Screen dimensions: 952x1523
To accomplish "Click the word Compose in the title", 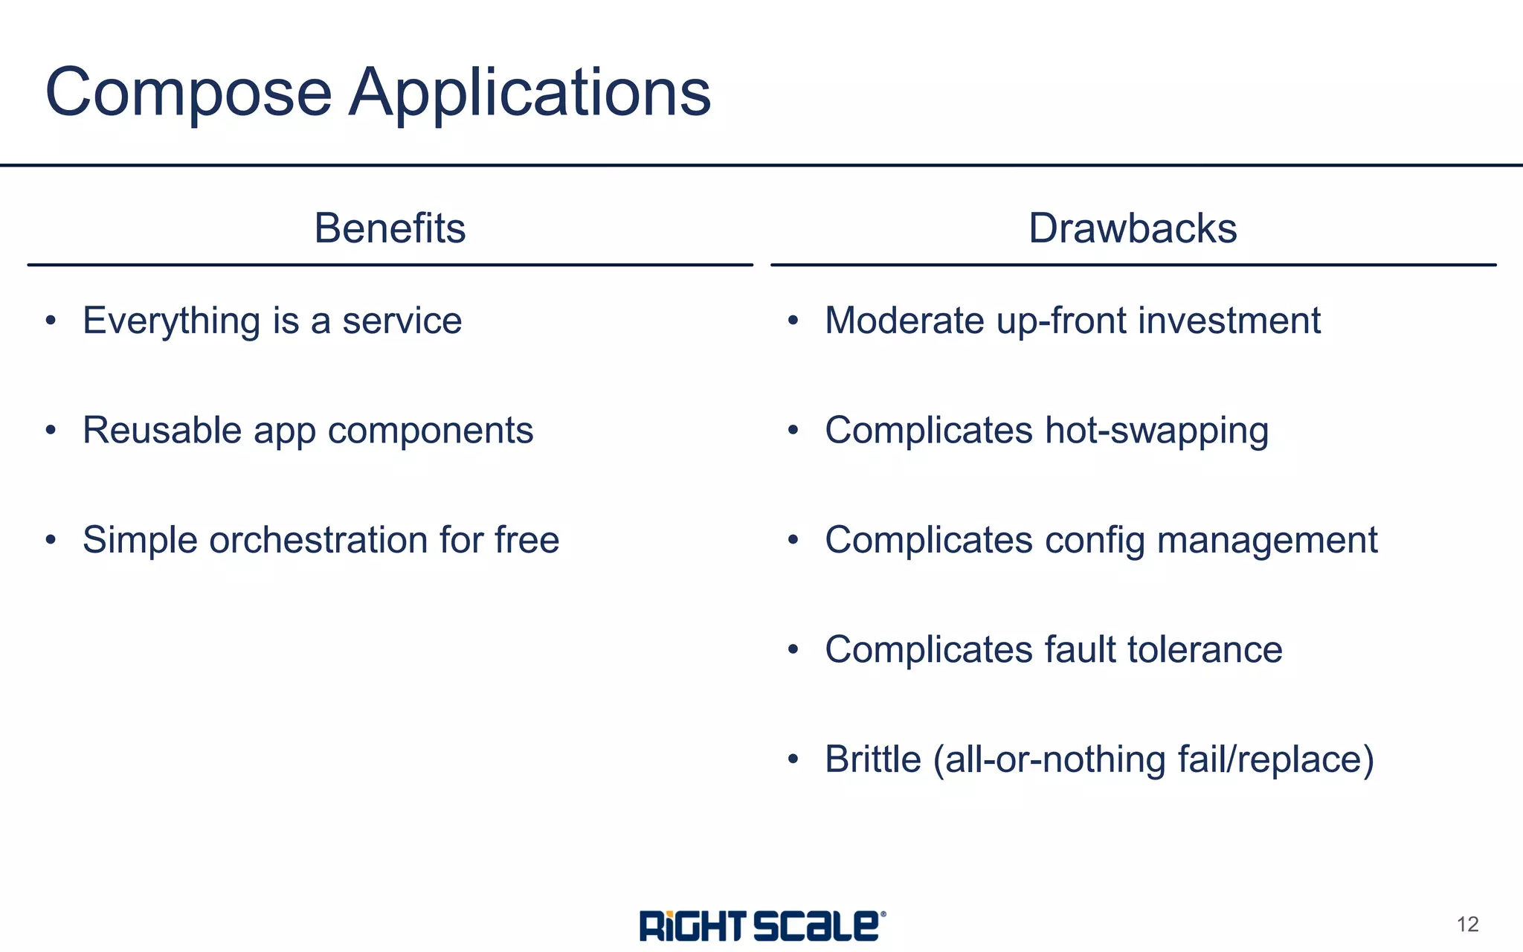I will tap(188, 92).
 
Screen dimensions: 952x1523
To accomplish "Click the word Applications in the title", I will tap(529, 92).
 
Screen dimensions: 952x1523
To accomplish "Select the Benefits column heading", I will tap(390, 228).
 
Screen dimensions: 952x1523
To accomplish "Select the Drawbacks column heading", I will tap(1133, 228).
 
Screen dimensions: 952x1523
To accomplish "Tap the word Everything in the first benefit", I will tap(172, 321).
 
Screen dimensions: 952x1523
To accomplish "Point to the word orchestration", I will tap(318, 540).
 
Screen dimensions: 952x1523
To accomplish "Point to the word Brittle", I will tap(873, 759).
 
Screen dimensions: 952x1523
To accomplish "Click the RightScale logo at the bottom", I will tap(762, 926).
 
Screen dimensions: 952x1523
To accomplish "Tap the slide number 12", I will tap(1467, 924).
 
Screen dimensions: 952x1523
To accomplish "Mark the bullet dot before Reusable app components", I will tap(51, 431).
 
